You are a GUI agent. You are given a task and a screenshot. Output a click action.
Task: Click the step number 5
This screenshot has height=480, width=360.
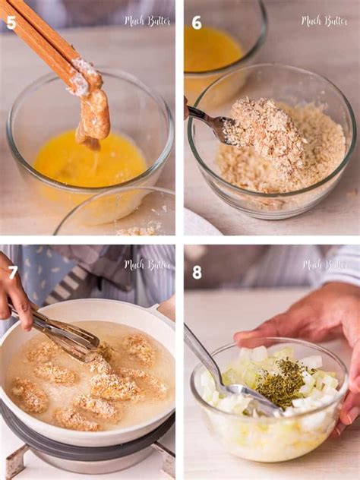tap(11, 22)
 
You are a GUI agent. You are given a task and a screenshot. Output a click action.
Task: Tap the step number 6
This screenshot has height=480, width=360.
tap(197, 22)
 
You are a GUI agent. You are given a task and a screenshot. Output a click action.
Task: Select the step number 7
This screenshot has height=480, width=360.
tap(13, 272)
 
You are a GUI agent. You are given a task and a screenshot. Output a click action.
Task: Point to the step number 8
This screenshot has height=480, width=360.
tap(197, 272)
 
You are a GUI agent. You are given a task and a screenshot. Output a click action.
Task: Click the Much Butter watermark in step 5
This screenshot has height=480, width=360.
tap(147, 21)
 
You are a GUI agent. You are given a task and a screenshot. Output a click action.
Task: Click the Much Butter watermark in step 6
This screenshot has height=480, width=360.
tap(324, 21)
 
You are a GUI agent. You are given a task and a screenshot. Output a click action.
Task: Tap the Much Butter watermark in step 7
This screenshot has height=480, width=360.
tap(147, 265)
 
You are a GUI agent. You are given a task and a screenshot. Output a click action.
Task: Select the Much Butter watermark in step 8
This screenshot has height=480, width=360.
tap(324, 265)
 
